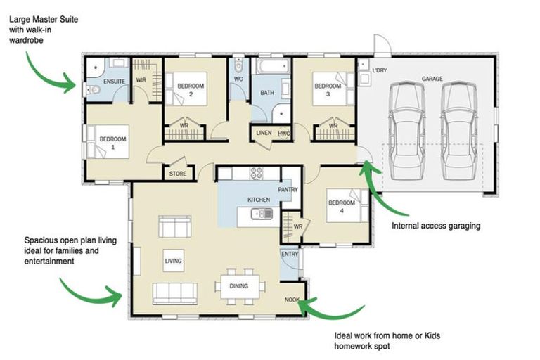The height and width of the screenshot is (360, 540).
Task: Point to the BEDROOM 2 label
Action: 191,89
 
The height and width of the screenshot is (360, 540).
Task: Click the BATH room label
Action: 267,93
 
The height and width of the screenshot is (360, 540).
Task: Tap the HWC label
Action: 284,133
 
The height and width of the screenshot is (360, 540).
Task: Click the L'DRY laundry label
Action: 380,71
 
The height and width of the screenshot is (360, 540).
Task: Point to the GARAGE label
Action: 432,79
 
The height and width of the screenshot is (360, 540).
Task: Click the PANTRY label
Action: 288,189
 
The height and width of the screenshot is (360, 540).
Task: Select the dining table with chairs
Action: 240,285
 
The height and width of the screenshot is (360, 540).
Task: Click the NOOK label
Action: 292,300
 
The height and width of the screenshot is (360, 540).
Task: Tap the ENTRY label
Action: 289,255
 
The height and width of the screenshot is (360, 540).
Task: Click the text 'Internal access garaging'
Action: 435,226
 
